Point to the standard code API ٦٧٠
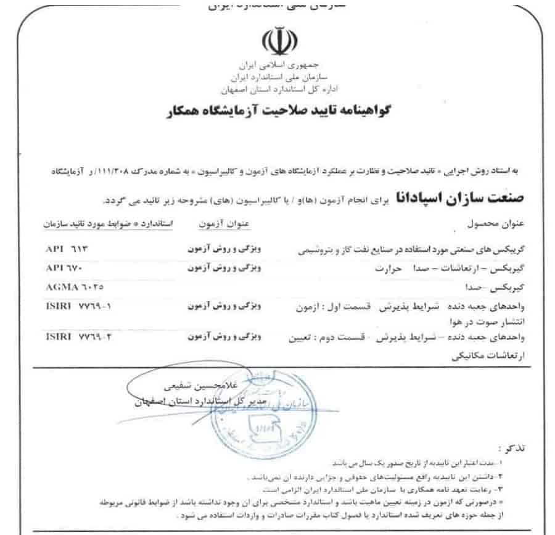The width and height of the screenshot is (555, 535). tap(64, 270)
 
